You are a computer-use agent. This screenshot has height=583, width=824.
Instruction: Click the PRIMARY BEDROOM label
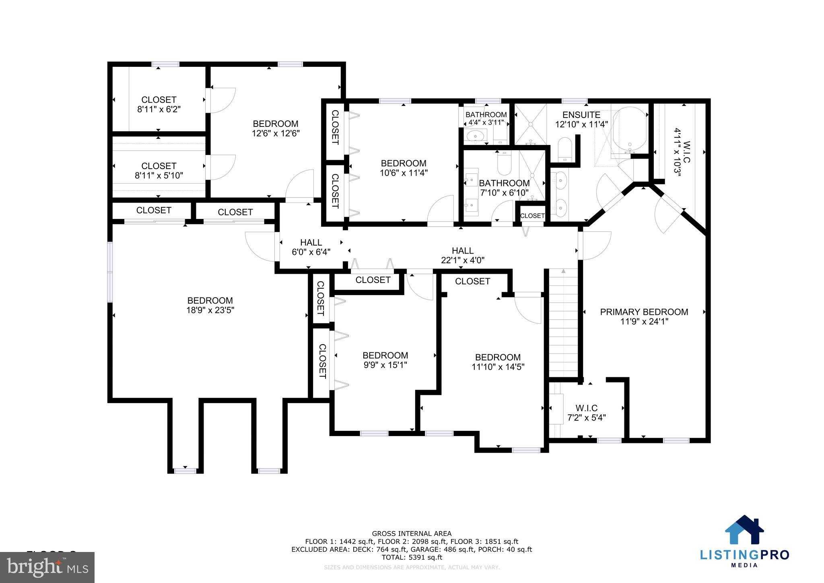[644, 312]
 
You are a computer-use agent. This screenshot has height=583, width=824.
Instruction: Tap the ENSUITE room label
[581, 115]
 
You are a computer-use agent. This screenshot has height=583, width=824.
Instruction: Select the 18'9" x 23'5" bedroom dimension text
[210, 310]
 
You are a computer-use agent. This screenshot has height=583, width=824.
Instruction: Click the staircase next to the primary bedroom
[563, 322]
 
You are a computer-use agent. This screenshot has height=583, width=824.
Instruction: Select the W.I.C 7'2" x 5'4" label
[586, 413]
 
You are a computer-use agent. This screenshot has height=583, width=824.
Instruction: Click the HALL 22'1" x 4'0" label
[462, 255]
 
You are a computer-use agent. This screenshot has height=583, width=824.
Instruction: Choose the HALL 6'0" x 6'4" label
[311, 247]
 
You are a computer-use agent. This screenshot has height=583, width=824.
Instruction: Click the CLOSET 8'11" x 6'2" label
[159, 104]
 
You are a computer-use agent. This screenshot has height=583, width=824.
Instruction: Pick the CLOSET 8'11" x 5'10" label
[159, 171]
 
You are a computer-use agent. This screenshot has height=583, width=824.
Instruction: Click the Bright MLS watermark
[47, 567]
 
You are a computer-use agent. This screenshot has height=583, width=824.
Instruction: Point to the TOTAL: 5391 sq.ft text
[411, 558]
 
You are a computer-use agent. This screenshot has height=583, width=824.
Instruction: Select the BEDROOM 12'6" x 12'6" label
[276, 128]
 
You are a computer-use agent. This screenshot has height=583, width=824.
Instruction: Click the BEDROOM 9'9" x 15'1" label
[385, 360]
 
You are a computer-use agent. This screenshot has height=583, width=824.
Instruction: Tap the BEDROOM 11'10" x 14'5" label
[498, 362]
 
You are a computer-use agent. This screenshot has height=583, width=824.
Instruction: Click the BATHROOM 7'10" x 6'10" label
[504, 188]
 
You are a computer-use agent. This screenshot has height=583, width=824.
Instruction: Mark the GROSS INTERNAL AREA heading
[411, 534]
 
